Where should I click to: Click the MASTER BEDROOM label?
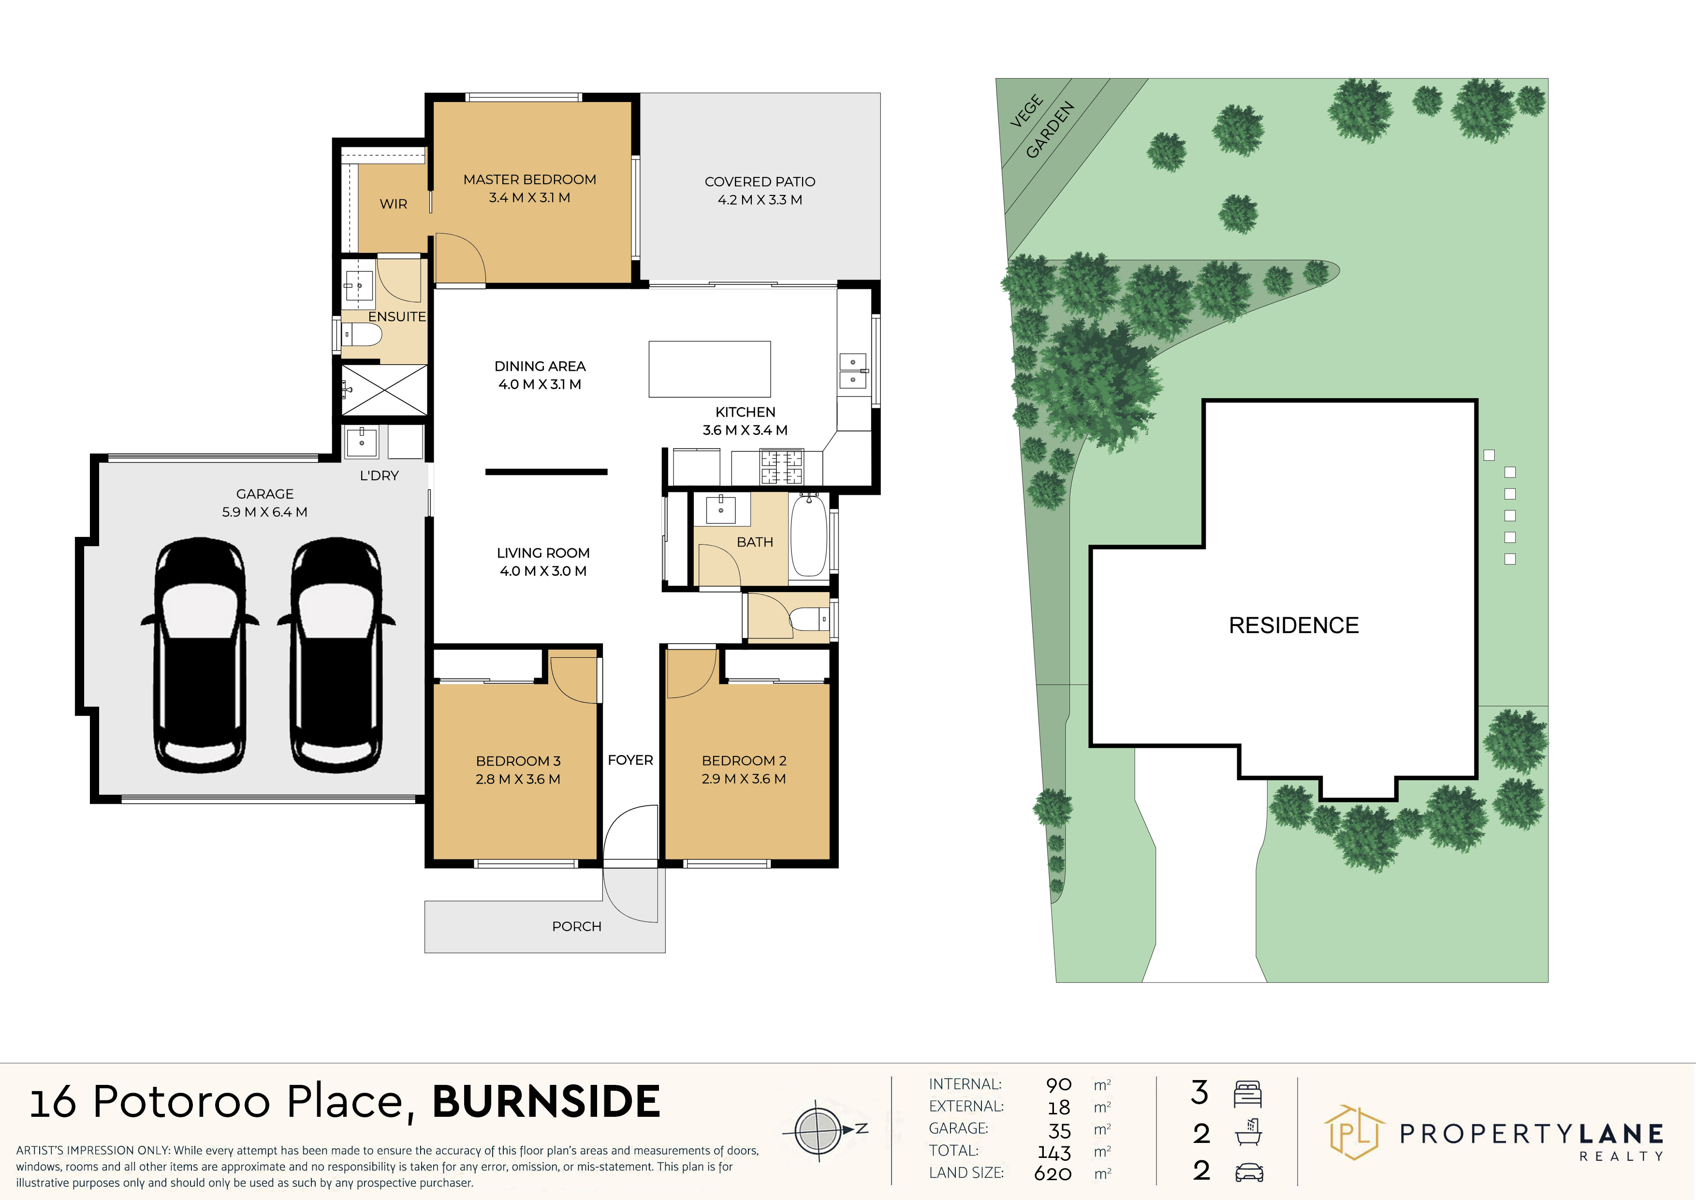[x=529, y=179]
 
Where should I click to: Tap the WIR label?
[x=393, y=204]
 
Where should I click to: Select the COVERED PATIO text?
[x=760, y=182]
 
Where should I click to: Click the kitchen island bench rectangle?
[x=709, y=369]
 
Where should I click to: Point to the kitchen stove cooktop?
[x=781, y=467]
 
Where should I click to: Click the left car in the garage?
[x=200, y=655]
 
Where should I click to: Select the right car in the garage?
[x=336, y=655]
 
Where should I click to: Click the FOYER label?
[x=630, y=760]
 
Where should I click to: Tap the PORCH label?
[x=576, y=927]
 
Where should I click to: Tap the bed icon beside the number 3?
[x=1248, y=1094]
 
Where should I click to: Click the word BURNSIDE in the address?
[x=546, y=1102]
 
